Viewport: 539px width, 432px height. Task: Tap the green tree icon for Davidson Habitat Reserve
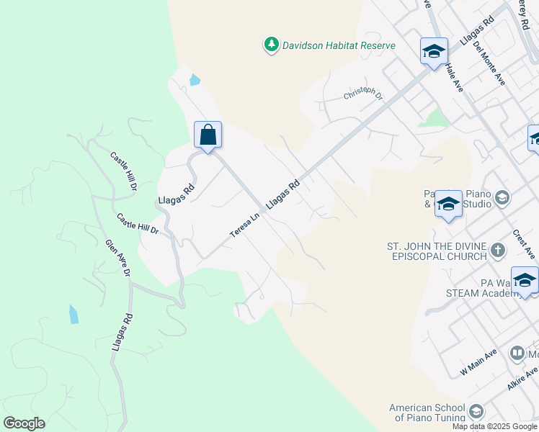point(271,45)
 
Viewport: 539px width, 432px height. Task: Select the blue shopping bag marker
point(208,135)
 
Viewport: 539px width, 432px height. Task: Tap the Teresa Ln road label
point(245,224)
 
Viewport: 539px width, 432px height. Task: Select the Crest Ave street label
point(524,245)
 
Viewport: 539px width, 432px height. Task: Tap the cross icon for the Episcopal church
point(497,251)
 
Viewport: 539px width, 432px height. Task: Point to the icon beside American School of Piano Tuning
point(475,411)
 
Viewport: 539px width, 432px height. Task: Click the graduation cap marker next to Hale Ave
point(434,51)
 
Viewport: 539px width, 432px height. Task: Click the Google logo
point(24,423)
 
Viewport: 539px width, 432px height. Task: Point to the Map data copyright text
point(495,426)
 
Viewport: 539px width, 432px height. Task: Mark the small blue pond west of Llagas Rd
point(73,314)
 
